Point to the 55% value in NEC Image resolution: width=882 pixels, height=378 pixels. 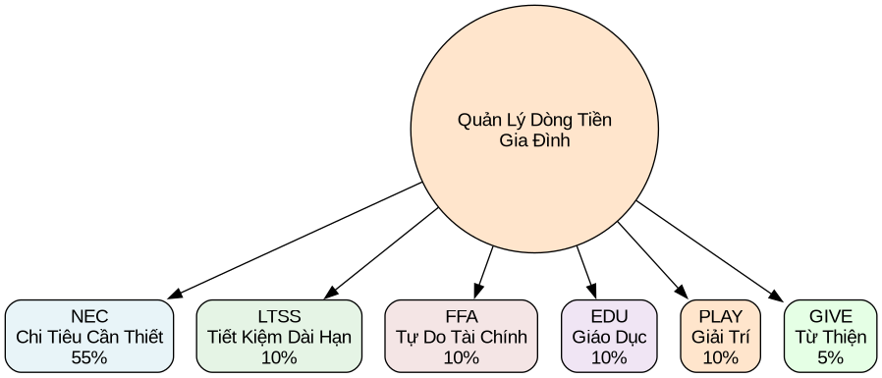89,357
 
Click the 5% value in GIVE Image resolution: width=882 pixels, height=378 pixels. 830,357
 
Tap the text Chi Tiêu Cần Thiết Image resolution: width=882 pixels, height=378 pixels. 89,337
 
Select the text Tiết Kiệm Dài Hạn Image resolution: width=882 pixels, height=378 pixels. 279,337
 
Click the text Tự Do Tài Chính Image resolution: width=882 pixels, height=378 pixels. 461,337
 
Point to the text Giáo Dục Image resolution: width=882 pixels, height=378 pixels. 609,337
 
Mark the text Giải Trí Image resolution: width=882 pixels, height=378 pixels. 720,337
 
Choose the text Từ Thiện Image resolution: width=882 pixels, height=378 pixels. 830,337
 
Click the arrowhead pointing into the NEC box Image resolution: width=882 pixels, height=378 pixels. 175,294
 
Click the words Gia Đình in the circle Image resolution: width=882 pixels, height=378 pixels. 534,140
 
